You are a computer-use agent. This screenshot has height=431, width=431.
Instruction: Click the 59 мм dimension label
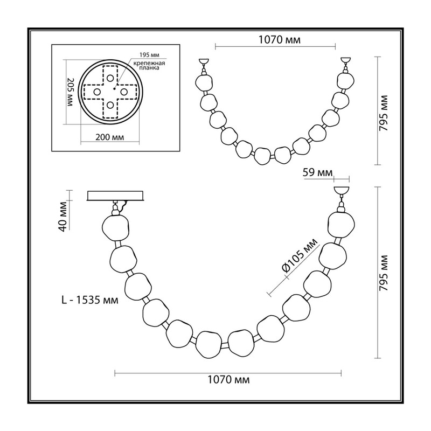(317, 172)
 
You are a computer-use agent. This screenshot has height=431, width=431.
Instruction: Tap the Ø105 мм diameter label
(300, 255)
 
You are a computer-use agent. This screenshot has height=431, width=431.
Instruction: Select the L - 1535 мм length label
(89, 300)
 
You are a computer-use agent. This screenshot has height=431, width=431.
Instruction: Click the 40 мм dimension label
(63, 217)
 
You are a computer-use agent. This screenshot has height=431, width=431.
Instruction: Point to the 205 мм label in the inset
(71, 93)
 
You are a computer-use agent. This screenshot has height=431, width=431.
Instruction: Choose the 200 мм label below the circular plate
(110, 137)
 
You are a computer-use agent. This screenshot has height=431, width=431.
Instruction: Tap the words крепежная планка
(149, 65)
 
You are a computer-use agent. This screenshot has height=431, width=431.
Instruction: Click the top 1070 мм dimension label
(280, 39)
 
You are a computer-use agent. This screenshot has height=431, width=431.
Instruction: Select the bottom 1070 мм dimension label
(228, 380)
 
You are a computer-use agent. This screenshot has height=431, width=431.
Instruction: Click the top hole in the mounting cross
(110, 78)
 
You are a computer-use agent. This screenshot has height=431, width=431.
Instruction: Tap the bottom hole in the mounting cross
(110, 105)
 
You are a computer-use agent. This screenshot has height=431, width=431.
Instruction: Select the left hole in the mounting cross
(97, 92)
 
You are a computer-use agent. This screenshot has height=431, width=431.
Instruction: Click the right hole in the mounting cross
(123, 91)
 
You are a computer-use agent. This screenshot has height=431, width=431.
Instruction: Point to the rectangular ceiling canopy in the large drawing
(115, 196)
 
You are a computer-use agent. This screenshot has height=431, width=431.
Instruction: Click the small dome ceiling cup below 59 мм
(341, 190)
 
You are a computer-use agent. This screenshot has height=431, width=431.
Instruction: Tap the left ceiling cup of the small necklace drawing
(204, 61)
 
